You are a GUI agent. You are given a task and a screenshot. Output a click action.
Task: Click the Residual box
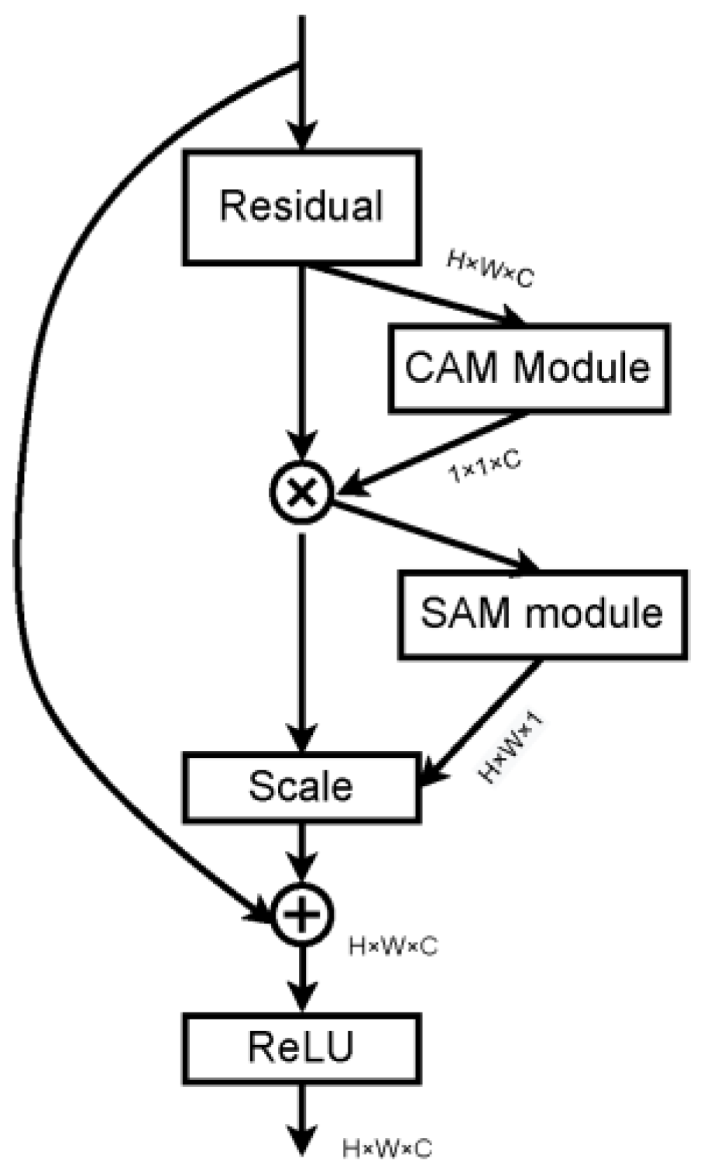pyautogui.click(x=301, y=206)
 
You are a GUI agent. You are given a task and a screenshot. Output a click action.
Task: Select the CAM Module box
pyautogui.click(x=528, y=367)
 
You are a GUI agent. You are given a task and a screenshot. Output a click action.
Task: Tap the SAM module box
pyautogui.click(x=542, y=614)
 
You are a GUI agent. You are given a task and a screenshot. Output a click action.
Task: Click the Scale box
pyautogui.click(x=301, y=787)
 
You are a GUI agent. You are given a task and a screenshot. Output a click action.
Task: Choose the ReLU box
pyautogui.click(x=301, y=1047)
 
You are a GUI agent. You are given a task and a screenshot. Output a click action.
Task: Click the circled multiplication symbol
pyautogui.click(x=301, y=491)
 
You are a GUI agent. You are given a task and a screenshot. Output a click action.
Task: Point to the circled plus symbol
pyautogui.click(x=301, y=915)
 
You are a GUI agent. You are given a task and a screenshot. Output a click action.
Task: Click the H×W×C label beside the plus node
pyautogui.click(x=393, y=947)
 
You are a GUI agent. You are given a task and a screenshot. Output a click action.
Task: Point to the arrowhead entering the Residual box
pyautogui.click(x=301, y=136)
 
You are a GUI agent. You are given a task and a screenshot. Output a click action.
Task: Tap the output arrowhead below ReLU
pyautogui.click(x=301, y=1140)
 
